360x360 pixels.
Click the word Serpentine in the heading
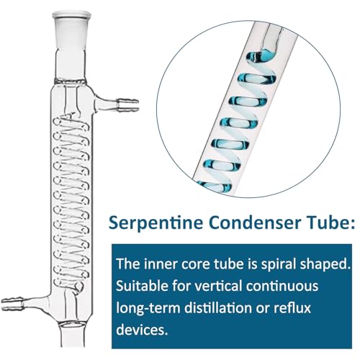[156, 223]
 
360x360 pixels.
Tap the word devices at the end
[142, 330]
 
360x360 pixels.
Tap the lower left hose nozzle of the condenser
[12, 304]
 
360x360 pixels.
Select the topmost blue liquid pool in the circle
[261, 57]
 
